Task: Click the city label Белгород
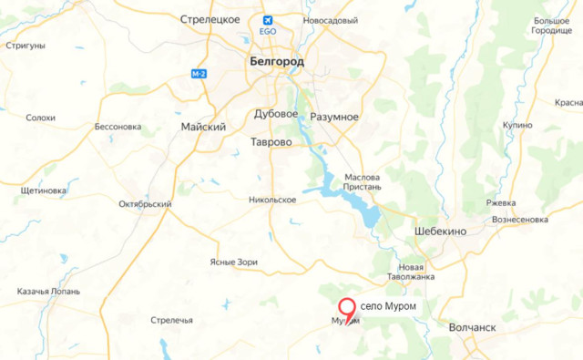[277, 61]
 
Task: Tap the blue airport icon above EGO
[268, 20]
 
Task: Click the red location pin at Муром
[347, 309]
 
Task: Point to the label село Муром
[389, 306]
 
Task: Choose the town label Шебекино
[441, 231]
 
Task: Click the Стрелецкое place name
[210, 19]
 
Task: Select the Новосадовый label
[330, 20]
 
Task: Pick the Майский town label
[203, 127]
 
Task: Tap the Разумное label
[333, 118]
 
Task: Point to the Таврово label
[271, 142]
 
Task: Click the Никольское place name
[272, 199]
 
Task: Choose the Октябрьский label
[145, 204]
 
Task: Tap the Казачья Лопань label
[44, 292]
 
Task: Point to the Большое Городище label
[553, 25]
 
